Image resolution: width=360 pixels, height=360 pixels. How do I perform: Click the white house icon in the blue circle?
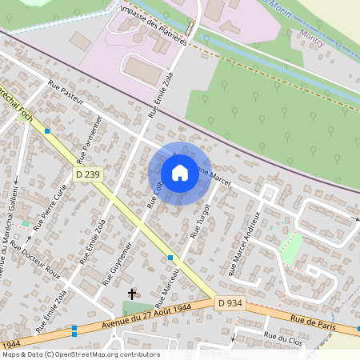[180, 173]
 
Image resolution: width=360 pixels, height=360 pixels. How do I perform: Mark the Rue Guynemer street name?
[118, 261]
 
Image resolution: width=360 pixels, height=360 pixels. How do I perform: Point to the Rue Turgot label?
[199, 222]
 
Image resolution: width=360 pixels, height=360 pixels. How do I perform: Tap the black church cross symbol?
[132, 294]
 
